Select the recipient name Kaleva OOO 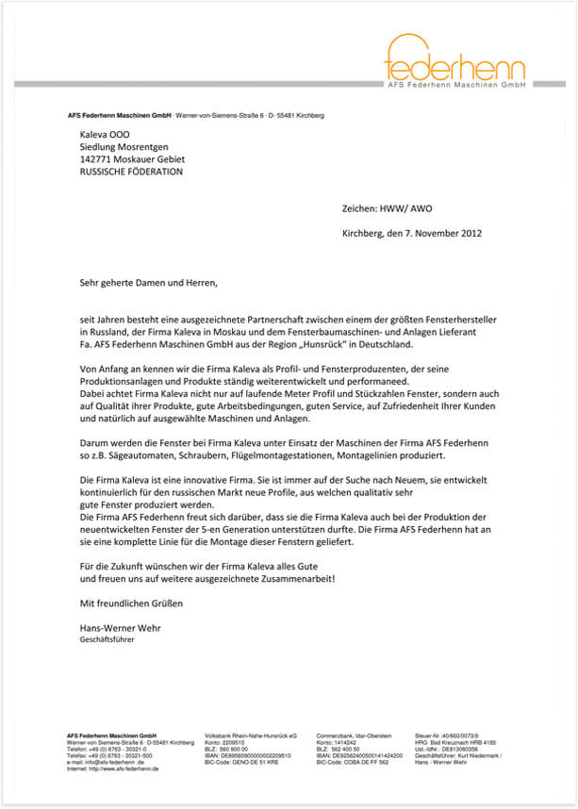click(105, 134)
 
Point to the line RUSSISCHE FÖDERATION click(131, 173)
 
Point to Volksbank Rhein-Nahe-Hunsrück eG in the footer click(251, 735)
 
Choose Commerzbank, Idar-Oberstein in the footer click(355, 735)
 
